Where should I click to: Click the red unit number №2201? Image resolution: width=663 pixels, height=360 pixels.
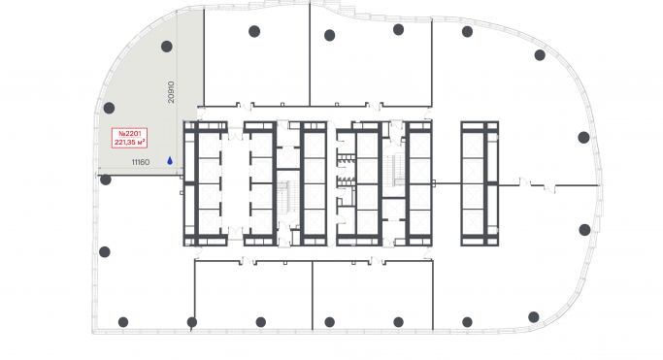click(129, 134)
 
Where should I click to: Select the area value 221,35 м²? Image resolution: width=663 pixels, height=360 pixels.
click(130, 143)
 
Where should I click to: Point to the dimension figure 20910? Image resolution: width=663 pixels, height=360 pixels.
click(171, 92)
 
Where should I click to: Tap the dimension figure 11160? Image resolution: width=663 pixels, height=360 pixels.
click(141, 162)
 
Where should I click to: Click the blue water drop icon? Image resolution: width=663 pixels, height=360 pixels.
click(170, 160)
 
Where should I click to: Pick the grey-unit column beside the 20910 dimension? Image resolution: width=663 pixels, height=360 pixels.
click(167, 47)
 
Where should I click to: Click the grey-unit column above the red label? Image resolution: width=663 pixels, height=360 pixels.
click(109, 108)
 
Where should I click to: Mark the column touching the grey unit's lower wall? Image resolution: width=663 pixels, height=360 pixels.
click(106, 180)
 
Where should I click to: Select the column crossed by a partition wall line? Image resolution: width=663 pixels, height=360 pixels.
click(192, 322)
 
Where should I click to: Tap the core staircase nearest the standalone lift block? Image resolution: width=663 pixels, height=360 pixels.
click(394, 170)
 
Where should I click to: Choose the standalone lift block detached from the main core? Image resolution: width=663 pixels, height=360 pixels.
click(480, 183)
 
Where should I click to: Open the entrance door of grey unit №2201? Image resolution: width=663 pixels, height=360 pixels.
click(200, 114)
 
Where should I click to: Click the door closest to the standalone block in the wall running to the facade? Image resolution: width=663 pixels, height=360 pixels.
click(525, 182)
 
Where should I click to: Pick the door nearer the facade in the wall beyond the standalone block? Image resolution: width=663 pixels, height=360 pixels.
click(549, 188)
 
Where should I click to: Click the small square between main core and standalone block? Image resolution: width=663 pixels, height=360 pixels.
click(434, 183)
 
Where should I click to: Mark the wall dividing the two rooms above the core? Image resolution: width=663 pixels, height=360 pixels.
click(310, 54)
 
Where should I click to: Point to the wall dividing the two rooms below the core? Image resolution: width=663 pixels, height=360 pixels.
click(313, 295)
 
